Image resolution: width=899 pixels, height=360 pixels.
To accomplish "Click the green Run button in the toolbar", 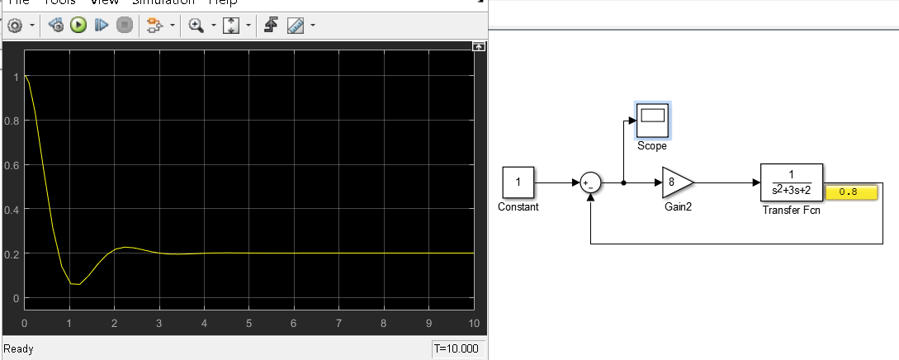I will coord(79,26).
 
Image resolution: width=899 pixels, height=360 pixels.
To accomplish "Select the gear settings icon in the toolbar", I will coord(15,26).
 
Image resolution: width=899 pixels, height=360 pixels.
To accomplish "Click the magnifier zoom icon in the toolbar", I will coord(196,26).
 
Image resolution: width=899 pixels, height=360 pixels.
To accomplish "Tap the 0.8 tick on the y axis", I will coord(12,121).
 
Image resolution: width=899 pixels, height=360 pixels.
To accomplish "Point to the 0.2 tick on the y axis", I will coord(12,253).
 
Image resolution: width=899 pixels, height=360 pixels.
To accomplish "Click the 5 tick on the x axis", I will coord(248,322).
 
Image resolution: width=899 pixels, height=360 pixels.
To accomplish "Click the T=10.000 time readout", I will coord(457,348).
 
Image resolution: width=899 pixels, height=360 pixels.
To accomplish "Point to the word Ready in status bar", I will coord(19,349).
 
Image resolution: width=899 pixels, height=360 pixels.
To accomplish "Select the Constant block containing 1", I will coord(518,182).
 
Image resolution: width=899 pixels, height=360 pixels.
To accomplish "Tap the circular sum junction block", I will coord(589,183).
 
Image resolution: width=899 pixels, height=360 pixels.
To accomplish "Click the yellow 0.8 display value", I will coord(851,192).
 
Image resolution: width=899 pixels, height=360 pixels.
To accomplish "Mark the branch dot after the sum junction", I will coord(623,183).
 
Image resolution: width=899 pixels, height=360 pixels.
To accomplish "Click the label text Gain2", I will coord(678,207).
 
